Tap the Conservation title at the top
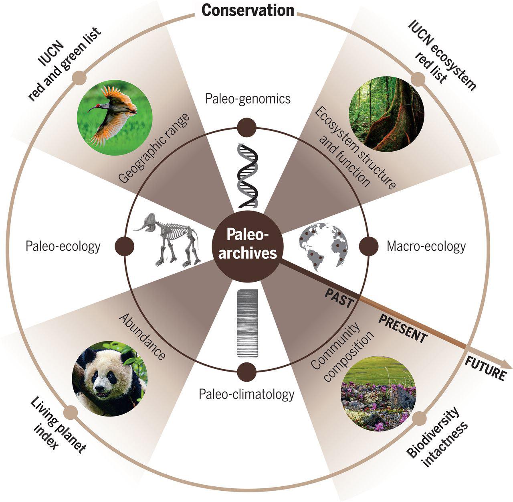247,10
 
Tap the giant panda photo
110,378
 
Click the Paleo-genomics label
248,98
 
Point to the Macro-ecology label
426,246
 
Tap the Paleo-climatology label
246,394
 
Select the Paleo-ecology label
63,246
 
